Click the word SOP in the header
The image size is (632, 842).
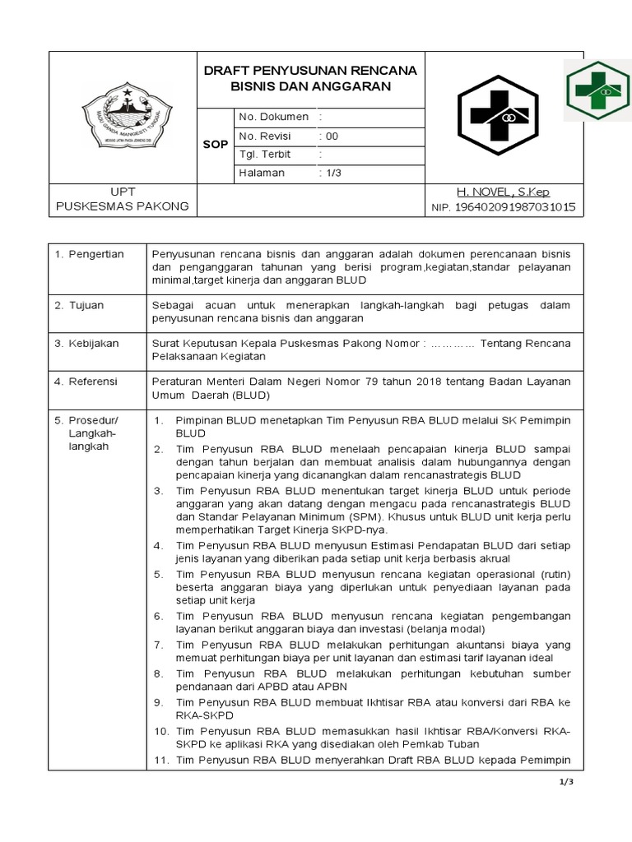215,145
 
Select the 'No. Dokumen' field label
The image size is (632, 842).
272,117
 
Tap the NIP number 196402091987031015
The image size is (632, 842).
515,207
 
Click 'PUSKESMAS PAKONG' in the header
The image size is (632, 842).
121,206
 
